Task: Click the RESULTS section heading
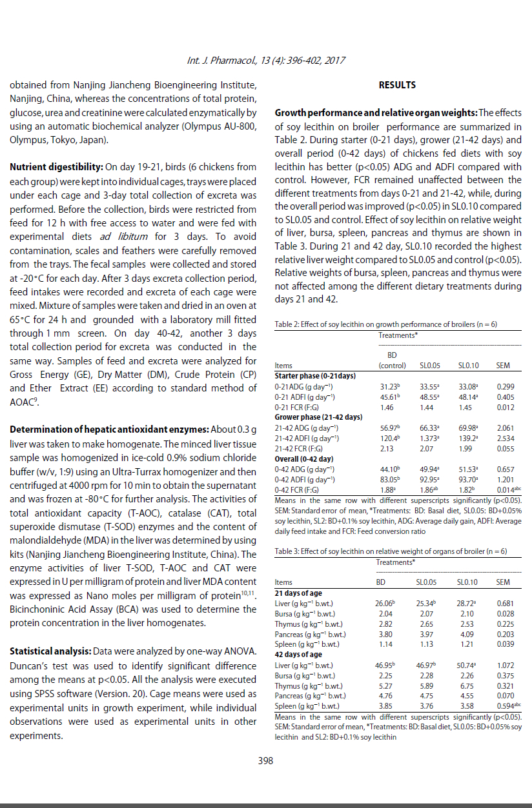(x=397, y=85)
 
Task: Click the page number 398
(x=265, y=760)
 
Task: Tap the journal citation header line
(x=265, y=61)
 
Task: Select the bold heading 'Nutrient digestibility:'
(x=53, y=168)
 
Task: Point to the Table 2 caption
(x=386, y=324)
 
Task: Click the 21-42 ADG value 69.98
(x=468, y=428)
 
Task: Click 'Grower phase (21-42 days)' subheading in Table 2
(x=318, y=417)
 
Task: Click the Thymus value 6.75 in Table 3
(x=467, y=685)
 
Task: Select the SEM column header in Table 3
(x=502, y=582)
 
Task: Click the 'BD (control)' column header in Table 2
(x=392, y=360)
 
